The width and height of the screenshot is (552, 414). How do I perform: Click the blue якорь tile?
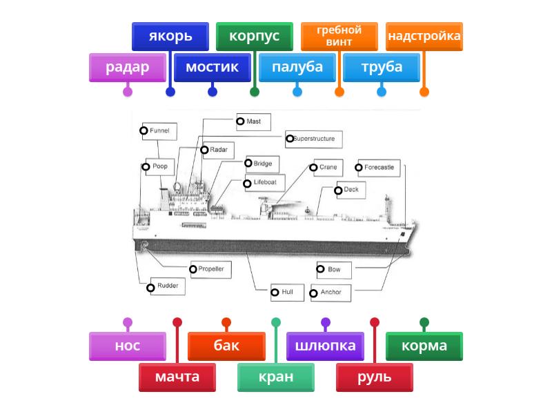pos(170,36)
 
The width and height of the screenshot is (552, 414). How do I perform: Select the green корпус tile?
pos(254,36)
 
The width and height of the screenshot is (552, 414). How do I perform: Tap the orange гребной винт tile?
pos(339,36)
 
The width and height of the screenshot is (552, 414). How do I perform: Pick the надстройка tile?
pos(424,36)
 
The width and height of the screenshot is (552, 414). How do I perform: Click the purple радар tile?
pos(128,67)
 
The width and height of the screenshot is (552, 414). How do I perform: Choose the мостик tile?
pos(212,67)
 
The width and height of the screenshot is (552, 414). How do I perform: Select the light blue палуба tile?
pos(297,67)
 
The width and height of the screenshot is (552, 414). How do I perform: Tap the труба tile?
pos(382,67)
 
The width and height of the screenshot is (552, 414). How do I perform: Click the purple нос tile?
pos(128,346)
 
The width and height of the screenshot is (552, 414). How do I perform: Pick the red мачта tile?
pos(177,377)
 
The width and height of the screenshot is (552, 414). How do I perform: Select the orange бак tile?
pos(226,346)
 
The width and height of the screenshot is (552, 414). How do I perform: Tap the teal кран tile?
pos(276,377)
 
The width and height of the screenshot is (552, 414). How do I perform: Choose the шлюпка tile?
pos(325,346)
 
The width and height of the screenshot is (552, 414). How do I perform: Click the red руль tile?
pos(375,377)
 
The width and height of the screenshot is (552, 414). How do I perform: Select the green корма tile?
pos(424,346)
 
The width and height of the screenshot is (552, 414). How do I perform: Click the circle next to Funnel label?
pos(144,130)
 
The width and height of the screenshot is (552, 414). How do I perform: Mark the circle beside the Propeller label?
pos(193,268)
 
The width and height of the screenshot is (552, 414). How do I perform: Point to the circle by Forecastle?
pos(359,167)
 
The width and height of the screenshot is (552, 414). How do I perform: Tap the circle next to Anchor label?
pos(314,293)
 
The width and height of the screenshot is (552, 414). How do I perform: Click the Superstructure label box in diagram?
pos(315,139)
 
